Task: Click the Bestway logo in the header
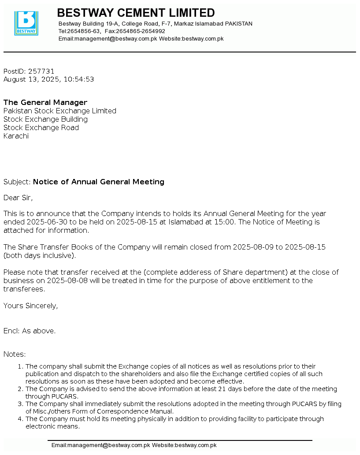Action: tap(26, 23)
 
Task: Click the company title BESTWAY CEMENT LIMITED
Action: tap(136, 13)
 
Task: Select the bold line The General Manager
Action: tap(45, 103)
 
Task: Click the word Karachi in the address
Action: tap(16, 136)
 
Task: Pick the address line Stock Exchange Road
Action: tap(41, 128)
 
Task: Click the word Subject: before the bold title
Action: tap(17, 182)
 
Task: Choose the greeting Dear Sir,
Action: tap(18, 198)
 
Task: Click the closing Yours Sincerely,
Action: tap(30, 306)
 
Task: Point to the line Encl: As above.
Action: tap(30, 331)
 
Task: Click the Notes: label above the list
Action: tap(15, 354)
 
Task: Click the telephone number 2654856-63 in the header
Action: tap(83, 31)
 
